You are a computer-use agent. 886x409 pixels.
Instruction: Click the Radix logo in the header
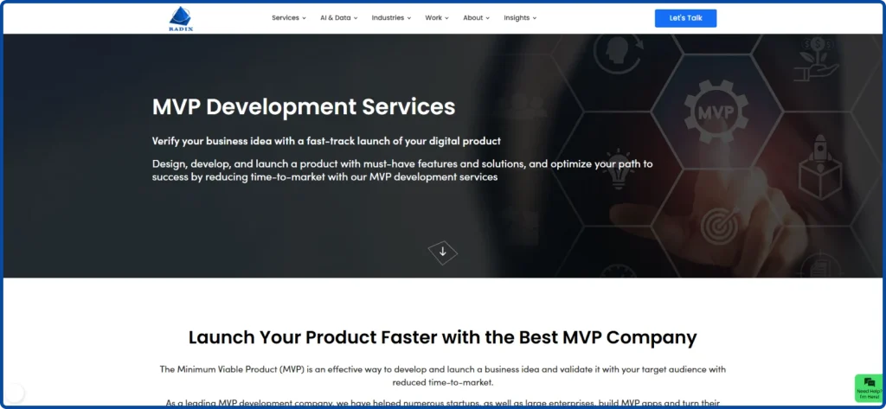click(183, 17)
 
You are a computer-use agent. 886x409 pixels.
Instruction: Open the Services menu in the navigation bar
click(288, 17)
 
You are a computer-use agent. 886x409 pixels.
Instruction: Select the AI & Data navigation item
click(338, 17)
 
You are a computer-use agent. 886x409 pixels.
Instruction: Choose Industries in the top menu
click(391, 17)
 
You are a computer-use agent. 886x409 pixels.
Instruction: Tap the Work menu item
click(436, 17)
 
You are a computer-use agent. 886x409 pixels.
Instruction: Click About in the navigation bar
click(476, 17)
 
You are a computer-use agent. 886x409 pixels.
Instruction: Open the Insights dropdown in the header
click(519, 17)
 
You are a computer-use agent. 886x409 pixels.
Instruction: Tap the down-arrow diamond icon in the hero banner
click(443, 252)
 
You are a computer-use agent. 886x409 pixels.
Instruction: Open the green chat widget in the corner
click(869, 387)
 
